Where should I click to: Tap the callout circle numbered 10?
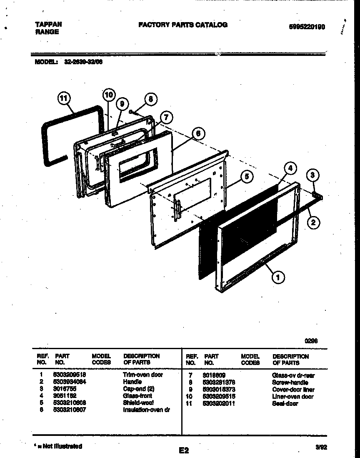[108, 95]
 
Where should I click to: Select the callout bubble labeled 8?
[151, 99]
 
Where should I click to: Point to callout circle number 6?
[198, 133]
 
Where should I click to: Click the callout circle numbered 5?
[247, 176]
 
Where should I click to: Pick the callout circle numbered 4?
[290, 169]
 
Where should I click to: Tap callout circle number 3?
[314, 176]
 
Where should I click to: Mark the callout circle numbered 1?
[278, 276]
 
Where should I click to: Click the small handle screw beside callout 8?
[132, 112]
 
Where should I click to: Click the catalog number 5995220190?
[307, 27]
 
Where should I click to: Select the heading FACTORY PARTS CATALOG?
[183, 25]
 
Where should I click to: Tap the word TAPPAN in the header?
[47, 25]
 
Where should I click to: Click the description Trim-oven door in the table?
[143, 375]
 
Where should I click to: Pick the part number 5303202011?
[220, 403]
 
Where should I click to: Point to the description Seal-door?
[285, 403]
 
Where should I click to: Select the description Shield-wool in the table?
[138, 403]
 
